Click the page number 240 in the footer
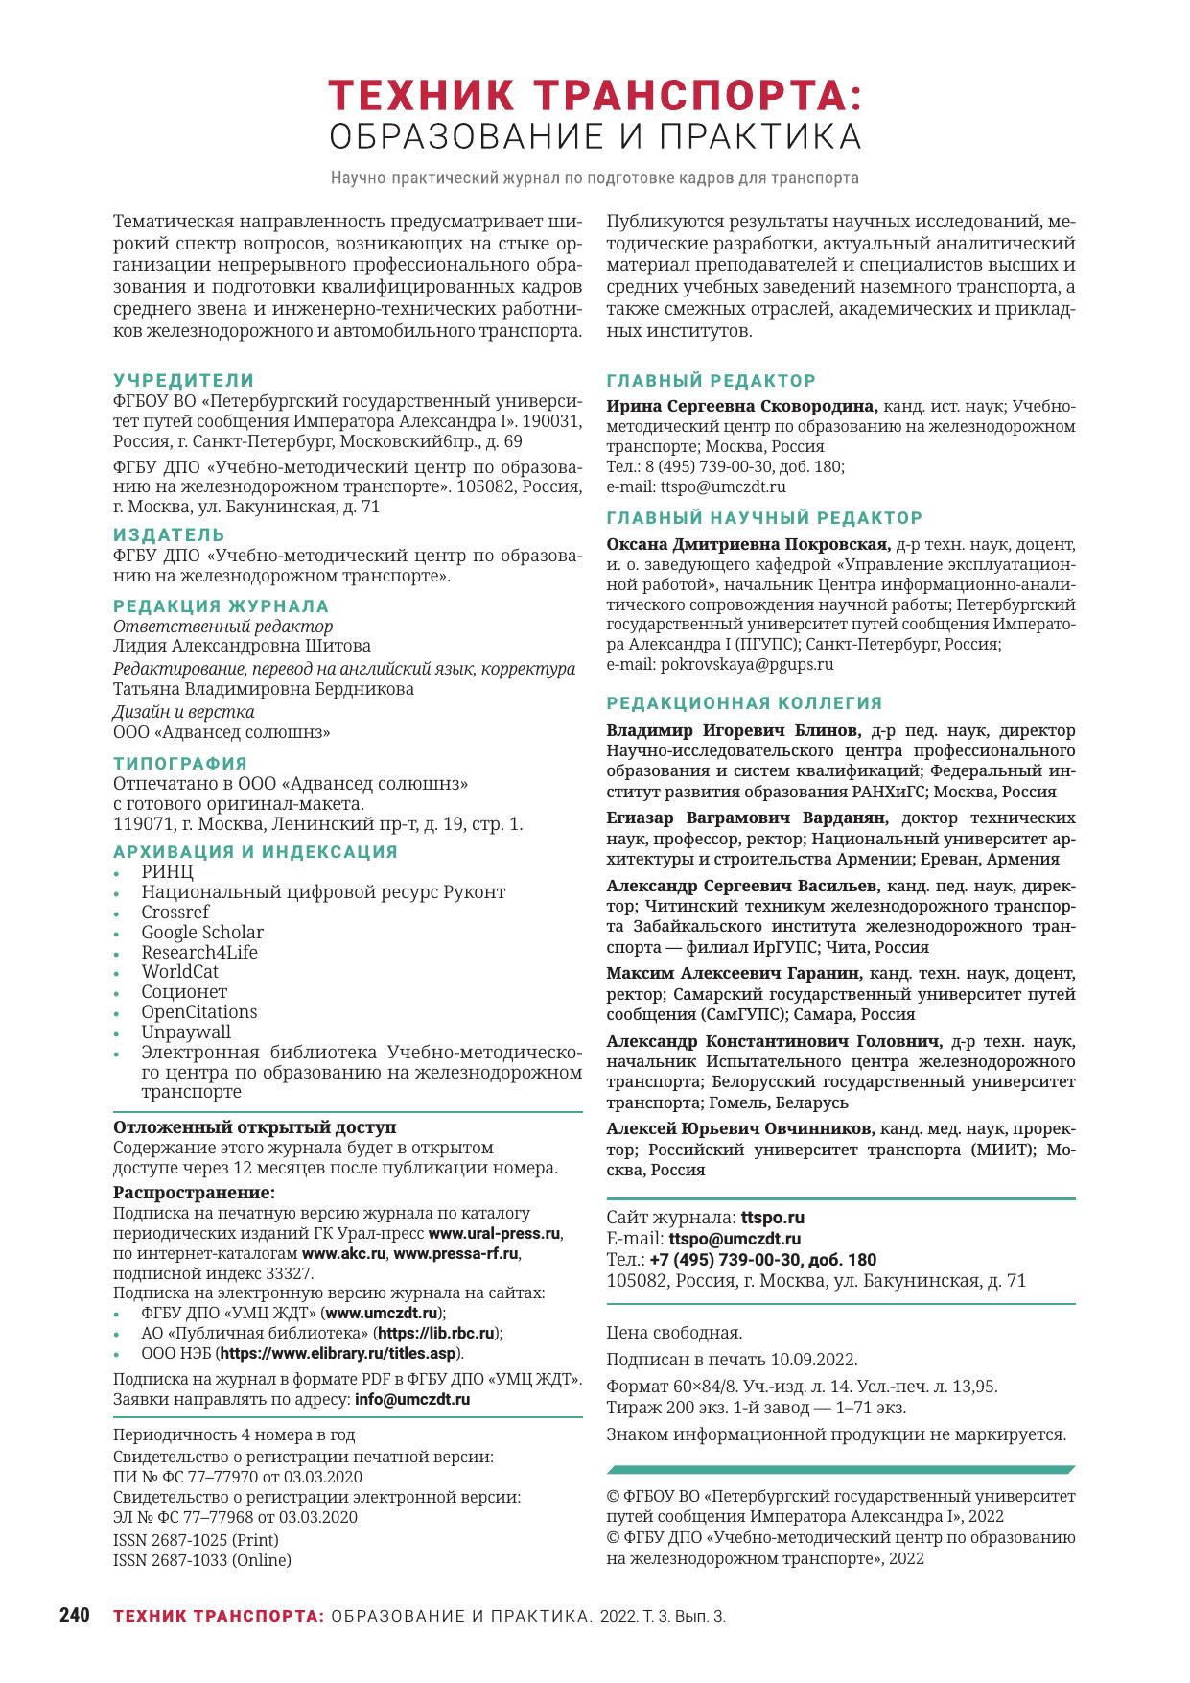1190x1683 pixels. (x=74, y=1615)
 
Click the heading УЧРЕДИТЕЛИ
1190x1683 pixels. (x=184, y=381)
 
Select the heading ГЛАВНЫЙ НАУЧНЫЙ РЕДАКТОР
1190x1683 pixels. (x=764, y=518)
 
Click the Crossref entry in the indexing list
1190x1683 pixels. (x=175, y=913)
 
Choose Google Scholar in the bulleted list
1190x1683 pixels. (x=201, y=933)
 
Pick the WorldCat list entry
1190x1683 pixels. (x=179, y=972)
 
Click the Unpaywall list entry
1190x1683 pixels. (x=186, y=1032)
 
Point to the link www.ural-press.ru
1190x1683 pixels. (x=494, y=1234)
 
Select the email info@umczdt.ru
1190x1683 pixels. (x=412, y=1399)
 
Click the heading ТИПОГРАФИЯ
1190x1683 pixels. (x=180, y=764)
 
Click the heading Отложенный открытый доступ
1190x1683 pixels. (x=254, y=1127)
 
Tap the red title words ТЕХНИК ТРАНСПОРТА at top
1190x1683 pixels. (x=595, y=96)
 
